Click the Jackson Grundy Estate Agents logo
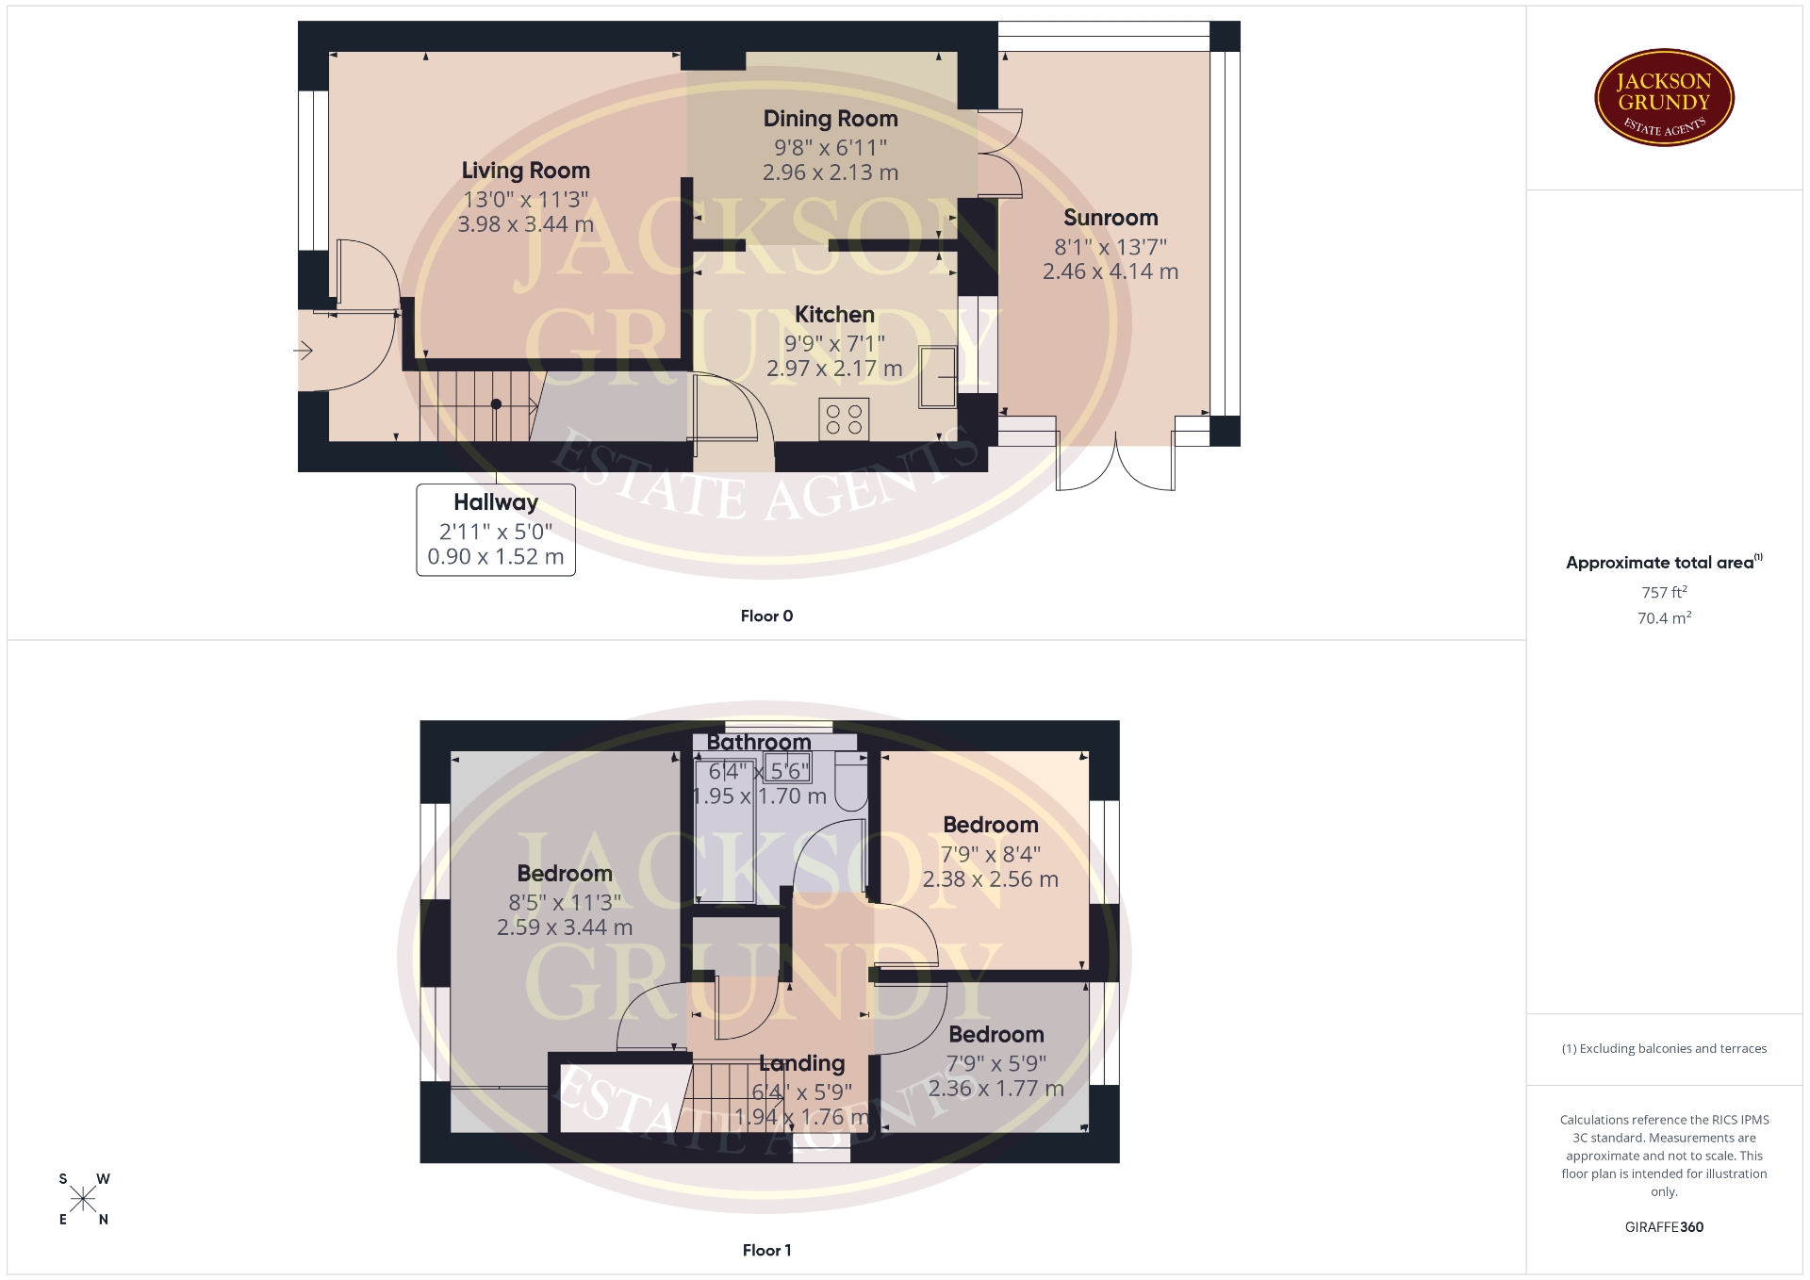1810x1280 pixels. point(1664,98)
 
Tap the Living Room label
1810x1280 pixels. point(525,171)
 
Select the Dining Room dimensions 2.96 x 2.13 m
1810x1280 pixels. point(830,172)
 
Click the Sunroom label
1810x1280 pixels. point(1111,218)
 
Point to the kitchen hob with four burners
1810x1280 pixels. point(844,419)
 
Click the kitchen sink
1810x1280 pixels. point(937,377)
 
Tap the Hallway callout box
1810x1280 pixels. point(496,530)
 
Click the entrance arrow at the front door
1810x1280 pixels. point(303,352)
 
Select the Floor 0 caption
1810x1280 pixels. point(766,616)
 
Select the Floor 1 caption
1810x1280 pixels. point(766,1251)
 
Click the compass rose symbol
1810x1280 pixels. point(83,1199)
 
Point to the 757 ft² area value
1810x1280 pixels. point(1664,592)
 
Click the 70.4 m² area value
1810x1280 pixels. point(1664,618)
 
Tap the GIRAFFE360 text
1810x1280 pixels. point(1664,1227)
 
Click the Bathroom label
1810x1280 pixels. point(759,743)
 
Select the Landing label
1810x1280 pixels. point(801,1064)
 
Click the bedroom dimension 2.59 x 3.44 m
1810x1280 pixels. point(565,927)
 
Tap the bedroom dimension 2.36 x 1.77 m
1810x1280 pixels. point(996,1089)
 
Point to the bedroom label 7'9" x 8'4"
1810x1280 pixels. point(991,854)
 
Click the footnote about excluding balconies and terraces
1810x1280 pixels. point(1664,1049)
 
